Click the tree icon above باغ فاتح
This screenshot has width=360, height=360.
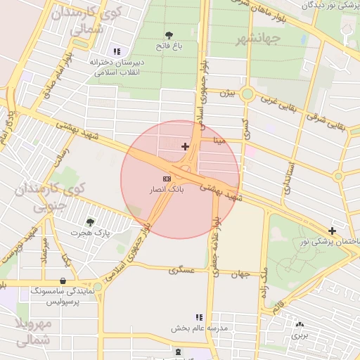click(x=169, y=34)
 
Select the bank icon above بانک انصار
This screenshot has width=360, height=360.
click(x=166, y=179)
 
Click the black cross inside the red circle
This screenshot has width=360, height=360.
click(x=185, y=146)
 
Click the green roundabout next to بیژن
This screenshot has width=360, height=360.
click(x=247, y=94)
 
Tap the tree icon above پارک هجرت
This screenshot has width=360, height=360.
click(x=90, y=221)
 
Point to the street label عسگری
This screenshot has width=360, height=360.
click(x=181, y=270)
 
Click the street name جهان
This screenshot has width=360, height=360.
click(x=240, y=274)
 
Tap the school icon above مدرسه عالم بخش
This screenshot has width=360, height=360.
click(x=199, y=318)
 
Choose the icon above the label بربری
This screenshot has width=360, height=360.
click(x=300, y=325)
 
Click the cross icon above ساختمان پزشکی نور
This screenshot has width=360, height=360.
click(x=333, y=230)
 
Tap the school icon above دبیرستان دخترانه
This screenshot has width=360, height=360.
click(x=116, y=51)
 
